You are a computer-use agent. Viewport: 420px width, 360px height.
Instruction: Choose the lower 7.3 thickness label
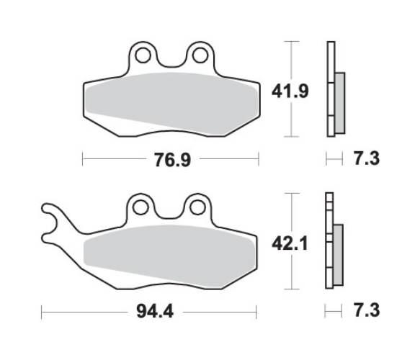[x=365, y=311]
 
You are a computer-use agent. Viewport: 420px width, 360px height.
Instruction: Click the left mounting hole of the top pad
[x=143, y=55]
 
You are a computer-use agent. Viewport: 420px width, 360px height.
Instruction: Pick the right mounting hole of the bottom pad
[x=196, y=207]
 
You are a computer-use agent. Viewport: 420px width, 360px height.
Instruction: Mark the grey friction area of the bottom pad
[x=169, y=252]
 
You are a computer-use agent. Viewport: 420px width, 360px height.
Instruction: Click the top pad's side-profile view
[x=332, y=89]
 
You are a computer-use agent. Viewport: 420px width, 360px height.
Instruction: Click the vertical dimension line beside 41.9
[x=290, y=89]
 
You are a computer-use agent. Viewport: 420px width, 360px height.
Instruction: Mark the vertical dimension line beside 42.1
[x=290, y=241]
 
